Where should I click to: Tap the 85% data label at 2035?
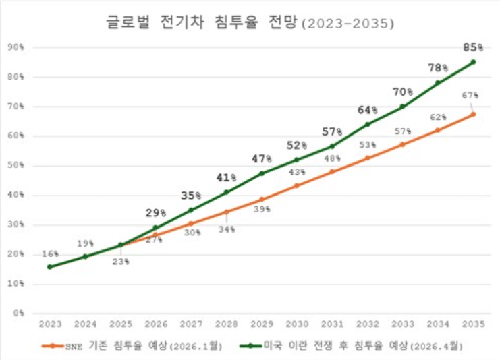point(473,47)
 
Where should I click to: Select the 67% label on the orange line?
point(470,95)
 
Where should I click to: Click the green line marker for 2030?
point(297,160)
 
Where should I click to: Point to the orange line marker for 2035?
point(473,114)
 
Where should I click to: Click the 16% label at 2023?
point(49,253)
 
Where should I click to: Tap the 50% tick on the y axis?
point(16,165)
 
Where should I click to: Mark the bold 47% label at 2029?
point(261,159)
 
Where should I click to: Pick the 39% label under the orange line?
point(261,210)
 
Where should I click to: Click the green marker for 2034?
point(437,83)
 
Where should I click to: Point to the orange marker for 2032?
point(367,158)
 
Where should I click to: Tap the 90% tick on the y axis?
point(16,47)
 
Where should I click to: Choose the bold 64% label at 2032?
point(367,110)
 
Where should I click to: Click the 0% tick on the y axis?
point(18,313)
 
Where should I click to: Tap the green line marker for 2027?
point(191,210)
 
